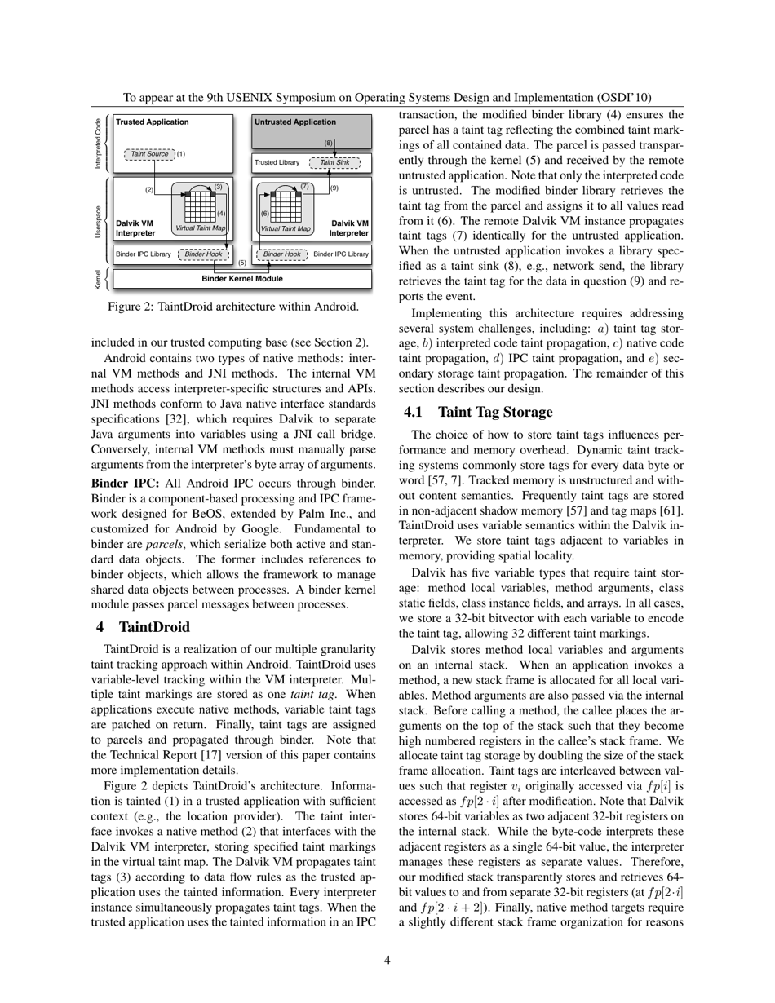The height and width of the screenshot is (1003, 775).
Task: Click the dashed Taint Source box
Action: (149, 153)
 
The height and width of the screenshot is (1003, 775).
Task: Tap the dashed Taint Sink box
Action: (334, 162)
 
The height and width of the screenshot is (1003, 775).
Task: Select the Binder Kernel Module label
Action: (242, 278)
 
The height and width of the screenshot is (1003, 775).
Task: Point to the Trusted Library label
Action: (277, 162)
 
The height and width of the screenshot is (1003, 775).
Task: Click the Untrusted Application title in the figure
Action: (294, 122)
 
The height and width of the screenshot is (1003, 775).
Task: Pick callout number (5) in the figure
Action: (242, 263)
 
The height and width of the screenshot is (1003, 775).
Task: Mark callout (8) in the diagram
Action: (328, 143)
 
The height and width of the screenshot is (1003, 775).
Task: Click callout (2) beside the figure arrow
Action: (149, 190)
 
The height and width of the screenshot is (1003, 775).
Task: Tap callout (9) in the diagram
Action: (334, 188)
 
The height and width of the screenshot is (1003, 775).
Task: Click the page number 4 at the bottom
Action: (387, 960)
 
